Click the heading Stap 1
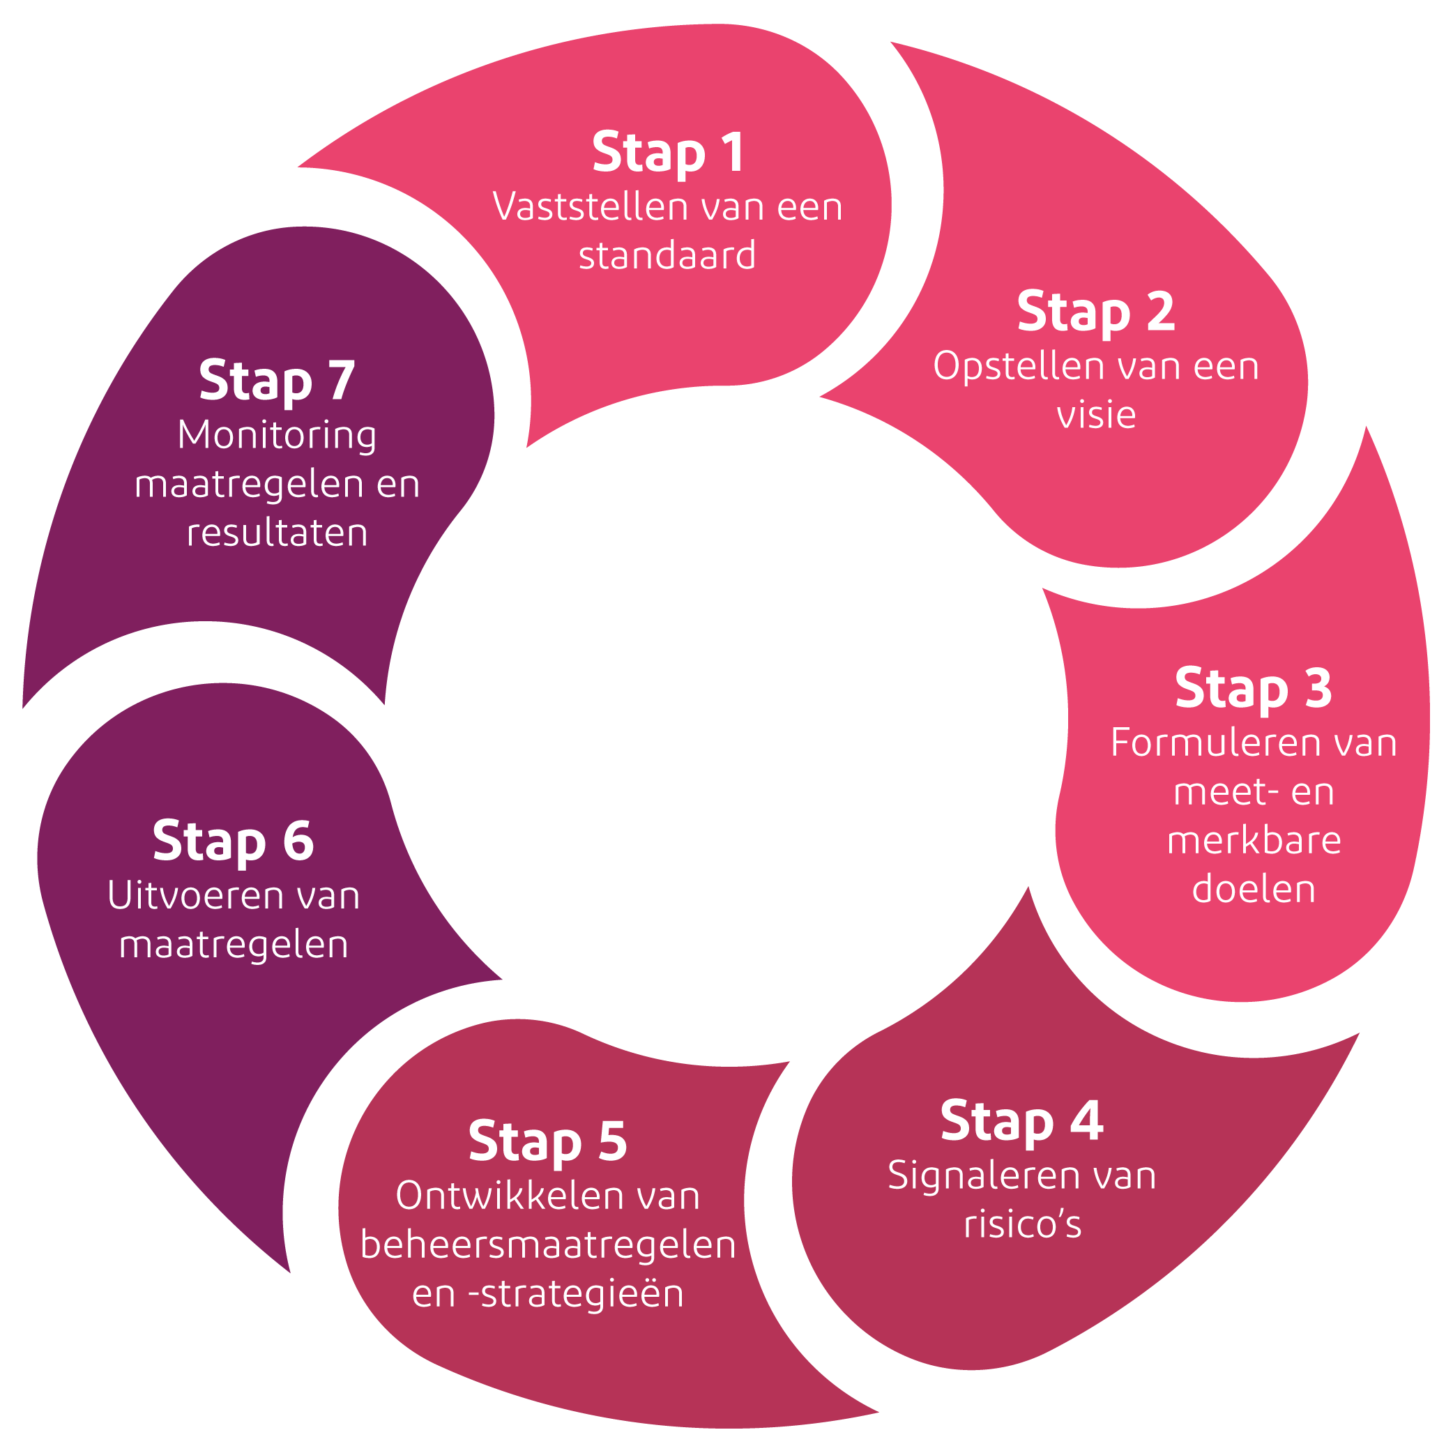pos(668,153)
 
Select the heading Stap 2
pos(1096,312)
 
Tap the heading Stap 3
pos(1254,688)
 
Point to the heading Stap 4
pos(1022,1120)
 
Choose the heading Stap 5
pos(547,1141)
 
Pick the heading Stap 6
pos(233,840)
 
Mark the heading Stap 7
pos(277,381)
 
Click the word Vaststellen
pos(584,207)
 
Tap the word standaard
pos(667,256)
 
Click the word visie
pos(1096,415)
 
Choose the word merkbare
pos(1254,841)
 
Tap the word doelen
pos(1254,889)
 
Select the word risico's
pos(1022,1224)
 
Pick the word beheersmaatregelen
pos(547,1245)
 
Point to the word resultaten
pos(277,533)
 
